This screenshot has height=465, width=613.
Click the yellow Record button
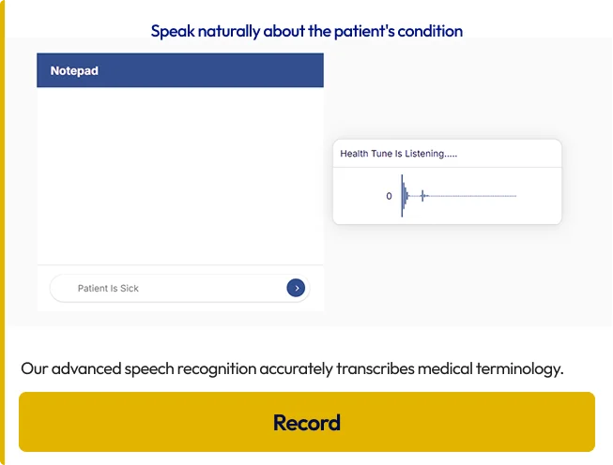tap(307, 422)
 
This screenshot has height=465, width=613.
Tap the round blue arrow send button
tap(296, 288)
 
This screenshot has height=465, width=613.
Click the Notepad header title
tap(74, 70)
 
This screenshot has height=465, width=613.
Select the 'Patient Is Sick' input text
tap(108, 288)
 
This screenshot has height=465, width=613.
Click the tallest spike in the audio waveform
tap(402, 196)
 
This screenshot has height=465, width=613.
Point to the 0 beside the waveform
tap(389, 196)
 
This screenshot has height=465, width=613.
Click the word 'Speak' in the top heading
tap(173, 32)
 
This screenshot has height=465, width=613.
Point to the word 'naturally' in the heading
tap(229, 32)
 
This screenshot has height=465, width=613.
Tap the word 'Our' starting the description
tap(35, 368)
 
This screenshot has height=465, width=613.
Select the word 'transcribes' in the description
tap(375, 368)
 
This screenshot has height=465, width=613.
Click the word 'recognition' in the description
tap(217, 368)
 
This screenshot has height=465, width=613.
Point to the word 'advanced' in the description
tap(86, 368)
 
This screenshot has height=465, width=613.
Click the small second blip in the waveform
tap(422, 196)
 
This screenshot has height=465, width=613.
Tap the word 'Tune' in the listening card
tap(382, 154)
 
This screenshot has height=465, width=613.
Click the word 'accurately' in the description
tap(296, 368)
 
